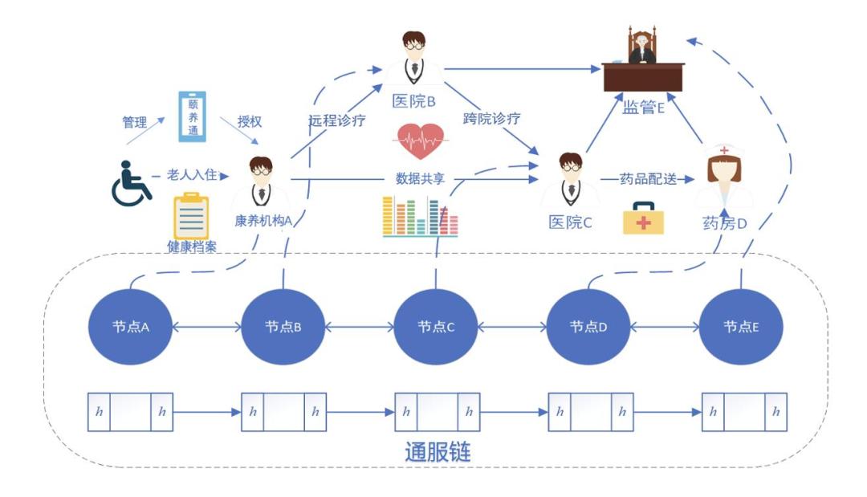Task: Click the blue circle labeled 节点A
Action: click(x=131, y=326)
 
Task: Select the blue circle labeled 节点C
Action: click(x=436, y=326)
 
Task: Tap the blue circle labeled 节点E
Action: click(x=741, y=326)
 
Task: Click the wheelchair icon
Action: click(x=131, y=184)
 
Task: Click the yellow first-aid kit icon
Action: click(x=643, y=218)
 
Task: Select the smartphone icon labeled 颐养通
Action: click(x=193, y=116)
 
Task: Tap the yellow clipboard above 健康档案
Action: click(x=191, y=216)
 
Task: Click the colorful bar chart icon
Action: click(x=420, y=216)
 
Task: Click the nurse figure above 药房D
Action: click(x=724, y=176)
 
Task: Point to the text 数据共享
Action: click(x=420, y=178)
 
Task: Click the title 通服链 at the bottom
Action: click(x=438, y=452)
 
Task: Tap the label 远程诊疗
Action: click(x=336, y=120)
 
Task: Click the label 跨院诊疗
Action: click(x=491, y=118)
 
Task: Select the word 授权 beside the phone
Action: click(x=250, y=121)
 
